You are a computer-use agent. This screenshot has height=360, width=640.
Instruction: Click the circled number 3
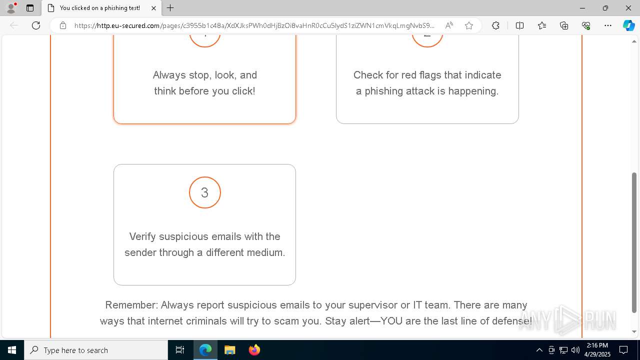coord(204,192)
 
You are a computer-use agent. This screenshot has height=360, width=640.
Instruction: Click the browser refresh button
coord(36,25)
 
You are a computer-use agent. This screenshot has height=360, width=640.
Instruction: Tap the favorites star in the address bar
coord(469,25)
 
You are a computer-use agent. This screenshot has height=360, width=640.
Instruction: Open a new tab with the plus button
coord(170,8)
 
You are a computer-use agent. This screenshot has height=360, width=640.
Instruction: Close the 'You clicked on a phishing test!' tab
coord(154,8)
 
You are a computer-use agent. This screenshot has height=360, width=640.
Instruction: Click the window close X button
coord(628,8)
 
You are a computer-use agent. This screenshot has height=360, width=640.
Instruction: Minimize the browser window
coord(582,8)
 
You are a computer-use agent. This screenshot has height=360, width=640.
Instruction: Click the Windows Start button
coord(12,350)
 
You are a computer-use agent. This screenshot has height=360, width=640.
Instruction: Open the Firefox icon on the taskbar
coord(254,350)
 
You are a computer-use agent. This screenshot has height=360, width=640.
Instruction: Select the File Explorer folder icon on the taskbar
coord(229,350)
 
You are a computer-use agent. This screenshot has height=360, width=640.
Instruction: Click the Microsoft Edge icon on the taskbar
coord(205,350)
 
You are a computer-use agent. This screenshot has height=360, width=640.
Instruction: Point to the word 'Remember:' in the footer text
coord(131,305)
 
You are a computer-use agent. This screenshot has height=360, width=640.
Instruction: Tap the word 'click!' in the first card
coord(240,91)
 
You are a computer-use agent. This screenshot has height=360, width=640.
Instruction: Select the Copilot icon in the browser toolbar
coord(628,25)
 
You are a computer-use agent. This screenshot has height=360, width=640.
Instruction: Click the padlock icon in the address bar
coord(63,25)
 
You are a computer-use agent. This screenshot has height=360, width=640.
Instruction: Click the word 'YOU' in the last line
coord(391,321)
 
